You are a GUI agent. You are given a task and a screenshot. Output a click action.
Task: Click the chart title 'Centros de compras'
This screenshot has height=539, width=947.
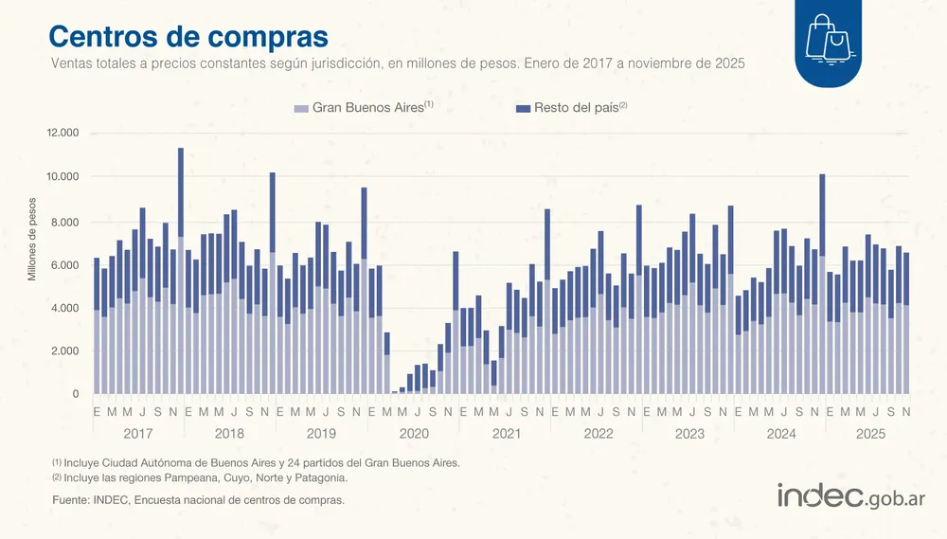[188, 35]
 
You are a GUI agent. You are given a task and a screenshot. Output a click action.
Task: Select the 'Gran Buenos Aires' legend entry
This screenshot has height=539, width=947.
[364, 108]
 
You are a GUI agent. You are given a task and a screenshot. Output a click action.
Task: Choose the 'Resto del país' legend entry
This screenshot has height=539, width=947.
[572, 108]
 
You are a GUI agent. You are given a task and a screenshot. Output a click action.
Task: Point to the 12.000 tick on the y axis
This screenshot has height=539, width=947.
[63, 133]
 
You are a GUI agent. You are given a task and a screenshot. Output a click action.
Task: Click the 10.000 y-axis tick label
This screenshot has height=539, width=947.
[63, 177]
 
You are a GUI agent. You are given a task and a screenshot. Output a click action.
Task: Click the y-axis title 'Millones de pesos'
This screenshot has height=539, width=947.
[31, 238]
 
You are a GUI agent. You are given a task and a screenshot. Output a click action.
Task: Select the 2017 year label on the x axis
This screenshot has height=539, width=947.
[138, 434]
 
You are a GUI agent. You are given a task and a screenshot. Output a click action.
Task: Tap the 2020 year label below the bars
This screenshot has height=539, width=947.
[413, 434]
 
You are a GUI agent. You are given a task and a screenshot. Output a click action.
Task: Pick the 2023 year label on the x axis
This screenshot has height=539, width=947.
[688, 434]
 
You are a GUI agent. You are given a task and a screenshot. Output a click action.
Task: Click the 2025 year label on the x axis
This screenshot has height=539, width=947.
[871, 434]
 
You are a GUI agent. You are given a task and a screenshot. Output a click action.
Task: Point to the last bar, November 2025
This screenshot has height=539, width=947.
[906, 323]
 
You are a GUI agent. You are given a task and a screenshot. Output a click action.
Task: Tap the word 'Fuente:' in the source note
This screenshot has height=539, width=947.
[72, 499]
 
